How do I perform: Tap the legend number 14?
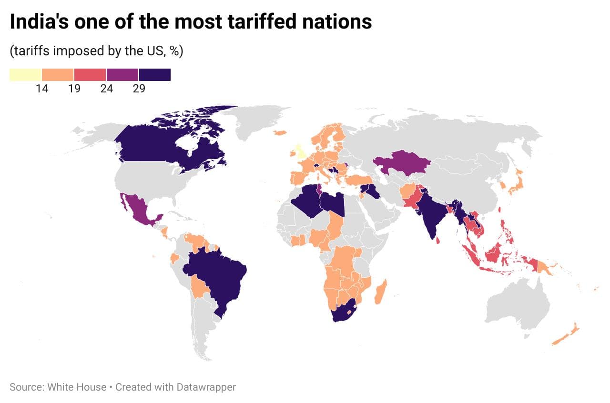42,89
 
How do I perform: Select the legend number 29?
139,89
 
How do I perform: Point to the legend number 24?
106,89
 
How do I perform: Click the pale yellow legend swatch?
25,75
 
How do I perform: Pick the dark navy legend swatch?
155,75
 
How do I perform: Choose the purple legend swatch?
122,75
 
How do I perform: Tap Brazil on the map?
219,276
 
